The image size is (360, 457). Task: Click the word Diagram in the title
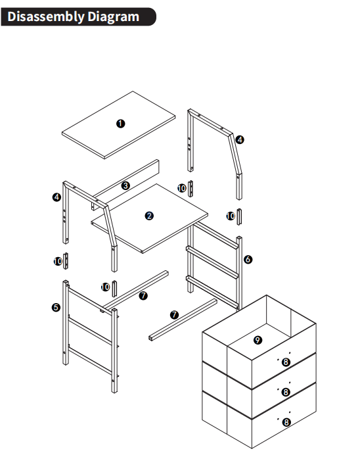pos(113,17)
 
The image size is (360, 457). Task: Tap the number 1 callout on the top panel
pos(121,124)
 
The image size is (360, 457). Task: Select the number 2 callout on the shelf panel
pos(149,216)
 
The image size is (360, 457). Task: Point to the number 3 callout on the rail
pos(125,185)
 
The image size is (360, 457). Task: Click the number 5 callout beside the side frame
pos(56,307)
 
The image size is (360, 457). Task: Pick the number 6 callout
pos(248,259)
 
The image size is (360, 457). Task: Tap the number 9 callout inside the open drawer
pos(258,340)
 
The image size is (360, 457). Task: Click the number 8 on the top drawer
pos(286,362)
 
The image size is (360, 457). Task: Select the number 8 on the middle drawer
pos(286,392)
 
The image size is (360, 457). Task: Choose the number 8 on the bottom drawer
pos(286,422)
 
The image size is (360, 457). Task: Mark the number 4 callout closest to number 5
pos(56,197)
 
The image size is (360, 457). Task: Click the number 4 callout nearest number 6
pos(240,139)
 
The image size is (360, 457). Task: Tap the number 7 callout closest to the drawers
pos(174,315)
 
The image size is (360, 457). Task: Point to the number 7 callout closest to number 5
pos(143,295)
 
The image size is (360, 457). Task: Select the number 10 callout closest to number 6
pos(231,216)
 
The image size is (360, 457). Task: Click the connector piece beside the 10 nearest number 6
pos(239,216)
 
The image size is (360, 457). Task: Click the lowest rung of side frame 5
pos(90,361)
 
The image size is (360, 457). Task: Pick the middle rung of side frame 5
pos(90,331)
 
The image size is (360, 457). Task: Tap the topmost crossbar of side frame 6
pos(216,235)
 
